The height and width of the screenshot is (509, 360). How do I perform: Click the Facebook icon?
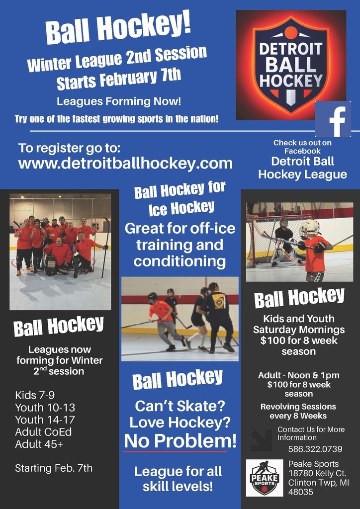pyautogui.click(x=333, y=119)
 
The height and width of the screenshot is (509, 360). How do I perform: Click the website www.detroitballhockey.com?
pyautogui.click(x=125, y=163)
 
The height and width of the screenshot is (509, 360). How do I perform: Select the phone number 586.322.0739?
pyautogui.click(x=315, y=449)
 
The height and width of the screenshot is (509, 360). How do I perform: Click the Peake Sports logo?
pyautogui.click(x=264, y=478)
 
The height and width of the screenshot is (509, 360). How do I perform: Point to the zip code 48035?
pyautogui.click(x=301, y=492)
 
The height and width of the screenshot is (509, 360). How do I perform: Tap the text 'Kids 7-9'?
pyautogui.click(x=35, y=396)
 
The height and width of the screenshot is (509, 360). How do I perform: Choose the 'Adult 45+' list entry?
pyautogui.click(x=39, y=444)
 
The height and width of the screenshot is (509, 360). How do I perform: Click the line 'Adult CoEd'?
pyautogui.click(x=43, y=432)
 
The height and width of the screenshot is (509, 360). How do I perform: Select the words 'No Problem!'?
pyautogui.click(x=180, y=441)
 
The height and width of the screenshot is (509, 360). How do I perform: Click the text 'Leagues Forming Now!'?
pyautogui.click(x=119, y=102)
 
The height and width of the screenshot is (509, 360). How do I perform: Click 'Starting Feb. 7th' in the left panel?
pyautogui.click(x=54, y=468)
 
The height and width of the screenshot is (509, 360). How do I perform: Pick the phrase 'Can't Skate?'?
pyautogui.click(x=180, y=407)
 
